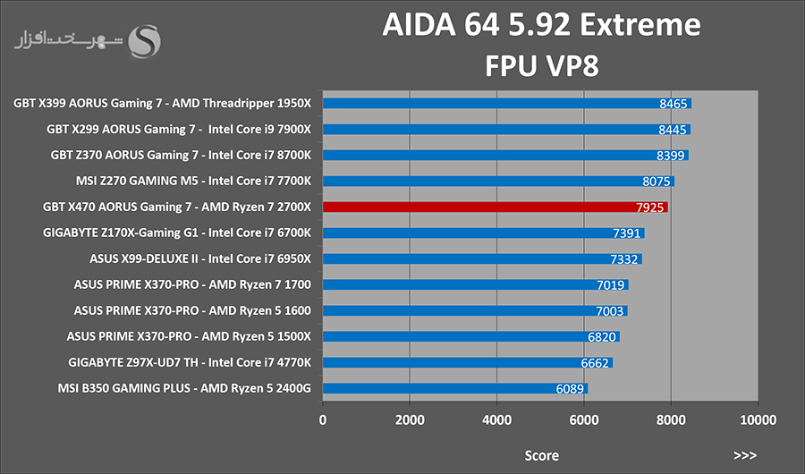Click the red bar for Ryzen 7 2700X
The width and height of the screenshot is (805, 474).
495,207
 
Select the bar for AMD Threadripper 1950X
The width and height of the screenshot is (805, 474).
507,103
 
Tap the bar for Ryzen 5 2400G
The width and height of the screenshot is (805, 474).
455,388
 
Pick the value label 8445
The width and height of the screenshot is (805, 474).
672,130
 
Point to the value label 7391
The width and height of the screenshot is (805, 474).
626,233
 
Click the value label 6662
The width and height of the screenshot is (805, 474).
595,363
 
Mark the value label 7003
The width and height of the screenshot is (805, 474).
609,311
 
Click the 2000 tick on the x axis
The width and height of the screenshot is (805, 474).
410,420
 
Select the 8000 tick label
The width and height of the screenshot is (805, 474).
671,420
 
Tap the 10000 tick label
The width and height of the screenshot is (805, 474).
758,420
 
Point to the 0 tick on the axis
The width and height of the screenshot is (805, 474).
322,420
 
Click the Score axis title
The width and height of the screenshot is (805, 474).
542,455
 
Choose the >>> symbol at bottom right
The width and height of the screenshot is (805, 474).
745,455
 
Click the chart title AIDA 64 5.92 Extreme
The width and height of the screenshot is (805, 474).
542,25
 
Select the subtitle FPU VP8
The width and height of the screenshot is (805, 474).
542,65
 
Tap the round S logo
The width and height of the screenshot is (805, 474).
144,42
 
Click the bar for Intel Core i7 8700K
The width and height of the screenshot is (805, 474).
505,155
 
